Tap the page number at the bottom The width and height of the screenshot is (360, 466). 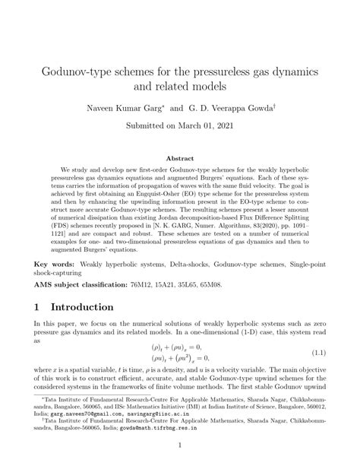click(x=180, y=445)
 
